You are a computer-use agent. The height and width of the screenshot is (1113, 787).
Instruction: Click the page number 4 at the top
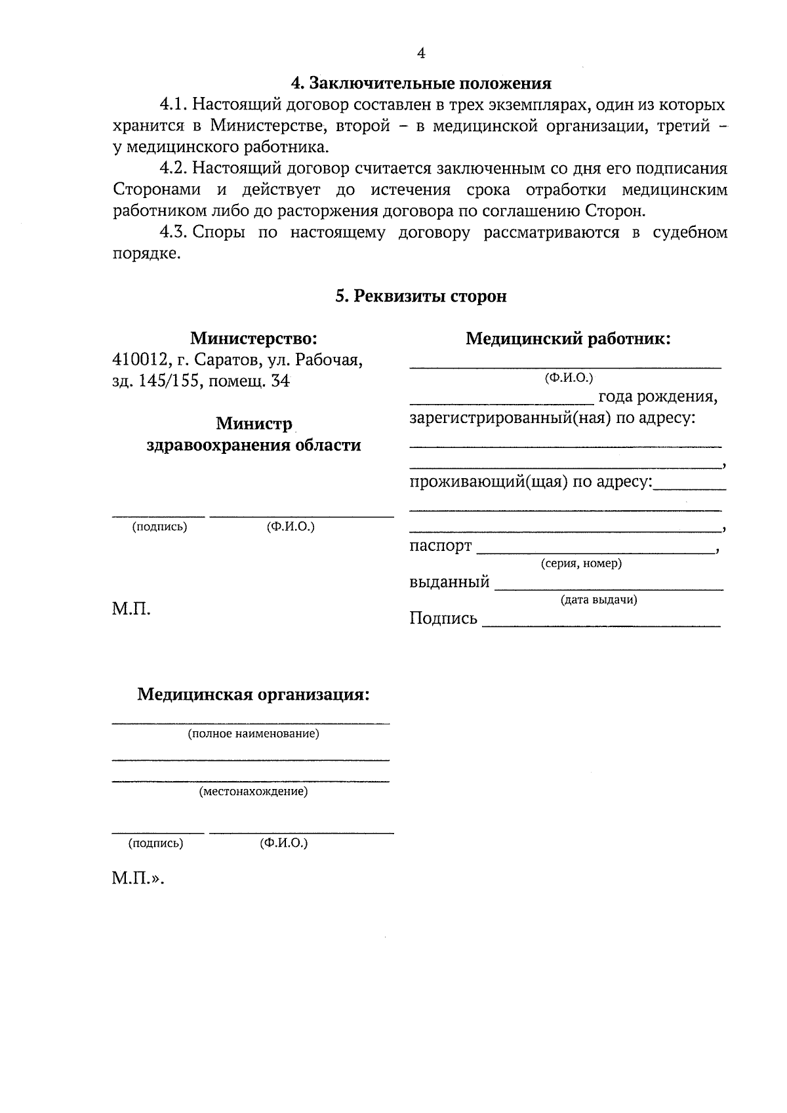point(421,54)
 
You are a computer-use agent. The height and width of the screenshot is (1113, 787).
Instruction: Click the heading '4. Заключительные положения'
point(421,83)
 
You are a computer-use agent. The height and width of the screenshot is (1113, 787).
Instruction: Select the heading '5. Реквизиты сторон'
point(421,296)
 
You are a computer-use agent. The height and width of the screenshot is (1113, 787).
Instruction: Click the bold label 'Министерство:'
point(254,338)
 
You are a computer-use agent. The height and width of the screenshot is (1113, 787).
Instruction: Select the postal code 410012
point(138,360)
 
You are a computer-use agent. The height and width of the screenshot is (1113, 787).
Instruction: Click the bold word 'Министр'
point(254,424)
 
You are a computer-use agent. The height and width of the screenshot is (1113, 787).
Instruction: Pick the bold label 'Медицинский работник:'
point(568,339)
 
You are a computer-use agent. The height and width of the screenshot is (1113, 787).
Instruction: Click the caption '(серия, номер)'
point(581,563)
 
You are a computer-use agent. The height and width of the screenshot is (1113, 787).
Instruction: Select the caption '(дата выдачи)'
point(598,599)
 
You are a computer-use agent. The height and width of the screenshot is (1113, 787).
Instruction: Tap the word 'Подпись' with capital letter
point(443,618)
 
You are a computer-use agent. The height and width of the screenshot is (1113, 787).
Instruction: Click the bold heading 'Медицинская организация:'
point(253,695)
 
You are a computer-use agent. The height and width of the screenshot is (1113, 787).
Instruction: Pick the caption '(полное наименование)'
point(253,734)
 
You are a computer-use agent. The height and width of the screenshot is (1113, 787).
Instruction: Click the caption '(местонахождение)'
point(253,792)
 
